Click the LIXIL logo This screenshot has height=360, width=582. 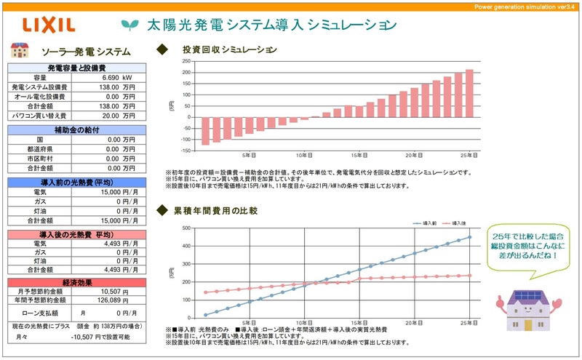(x=49, y=25)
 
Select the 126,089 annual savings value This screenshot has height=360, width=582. (x=110, y=300)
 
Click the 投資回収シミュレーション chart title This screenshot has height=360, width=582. (x=230, y=50)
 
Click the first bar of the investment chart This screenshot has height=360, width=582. (x=206, y=131)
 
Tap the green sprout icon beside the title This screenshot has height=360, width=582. (x=130, y=25)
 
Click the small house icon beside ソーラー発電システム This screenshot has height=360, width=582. (x=20, y=50)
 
